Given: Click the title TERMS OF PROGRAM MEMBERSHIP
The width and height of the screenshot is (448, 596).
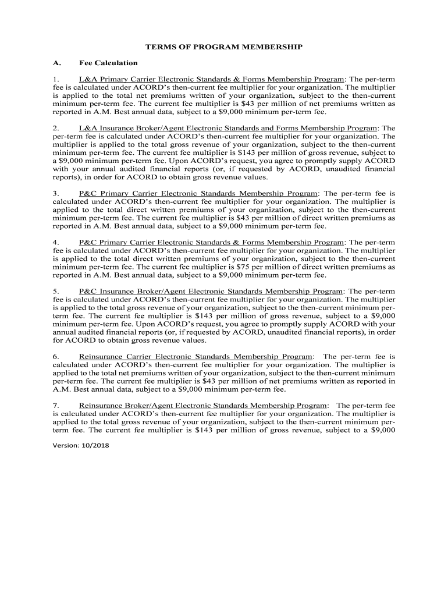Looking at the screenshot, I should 224,47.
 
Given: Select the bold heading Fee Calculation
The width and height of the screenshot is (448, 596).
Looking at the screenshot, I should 108,63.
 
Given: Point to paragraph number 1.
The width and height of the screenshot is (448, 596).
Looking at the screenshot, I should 55,79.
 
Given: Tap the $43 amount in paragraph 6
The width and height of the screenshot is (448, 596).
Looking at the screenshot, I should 205,381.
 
